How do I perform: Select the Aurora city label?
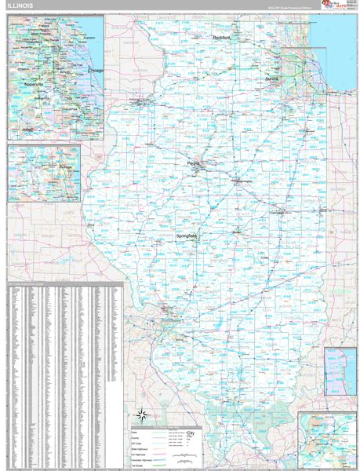(272, 79)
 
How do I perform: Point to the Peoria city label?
(195, 163)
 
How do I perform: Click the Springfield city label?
(187, 235)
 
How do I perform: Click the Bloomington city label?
(246, 181)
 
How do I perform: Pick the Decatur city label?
(237, 232)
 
